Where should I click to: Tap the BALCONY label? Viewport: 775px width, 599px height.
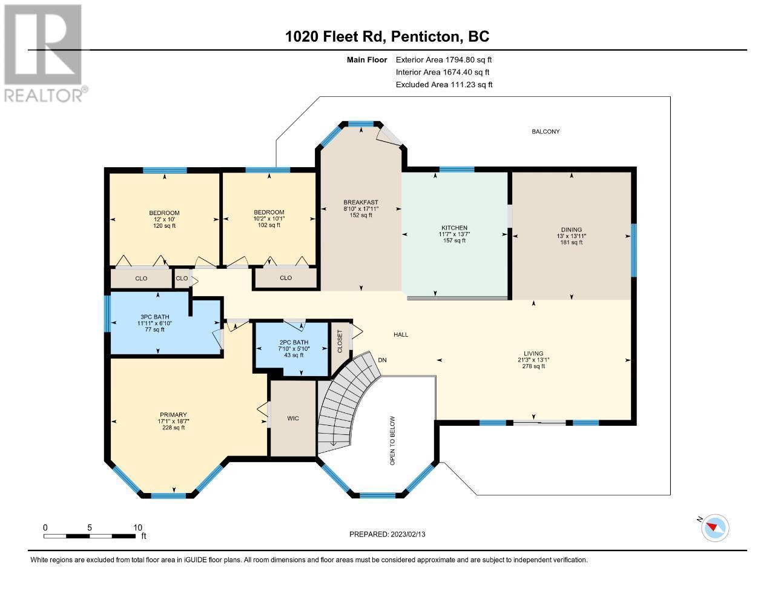click(546, 131)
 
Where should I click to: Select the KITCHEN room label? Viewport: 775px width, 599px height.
click(454, 228)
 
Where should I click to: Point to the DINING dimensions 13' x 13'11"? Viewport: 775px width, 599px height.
click(571, 236)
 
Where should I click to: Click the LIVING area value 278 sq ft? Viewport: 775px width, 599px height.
click(533, 366)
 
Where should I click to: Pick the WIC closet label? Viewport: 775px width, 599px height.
click(293, 418)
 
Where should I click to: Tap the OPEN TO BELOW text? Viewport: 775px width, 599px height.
click(392, 440)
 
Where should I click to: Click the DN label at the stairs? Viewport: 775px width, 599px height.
click(382, 360)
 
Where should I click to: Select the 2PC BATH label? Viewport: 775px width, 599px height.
click(294, 342)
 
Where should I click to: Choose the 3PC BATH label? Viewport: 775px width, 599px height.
click(154, 317)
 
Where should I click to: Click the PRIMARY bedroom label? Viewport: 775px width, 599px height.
click(173, 414)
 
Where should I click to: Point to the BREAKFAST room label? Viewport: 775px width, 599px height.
click(361, 202)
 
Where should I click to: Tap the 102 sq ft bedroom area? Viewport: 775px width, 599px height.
click(269, 225)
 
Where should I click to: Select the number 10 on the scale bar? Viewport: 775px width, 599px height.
click(137, 528)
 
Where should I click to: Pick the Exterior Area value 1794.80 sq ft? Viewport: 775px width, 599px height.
click(468, 59)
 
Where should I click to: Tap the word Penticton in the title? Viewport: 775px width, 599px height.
click(425, 36)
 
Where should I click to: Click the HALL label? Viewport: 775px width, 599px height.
click(401, 335)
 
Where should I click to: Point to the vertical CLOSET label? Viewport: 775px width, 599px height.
click(340, 341)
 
